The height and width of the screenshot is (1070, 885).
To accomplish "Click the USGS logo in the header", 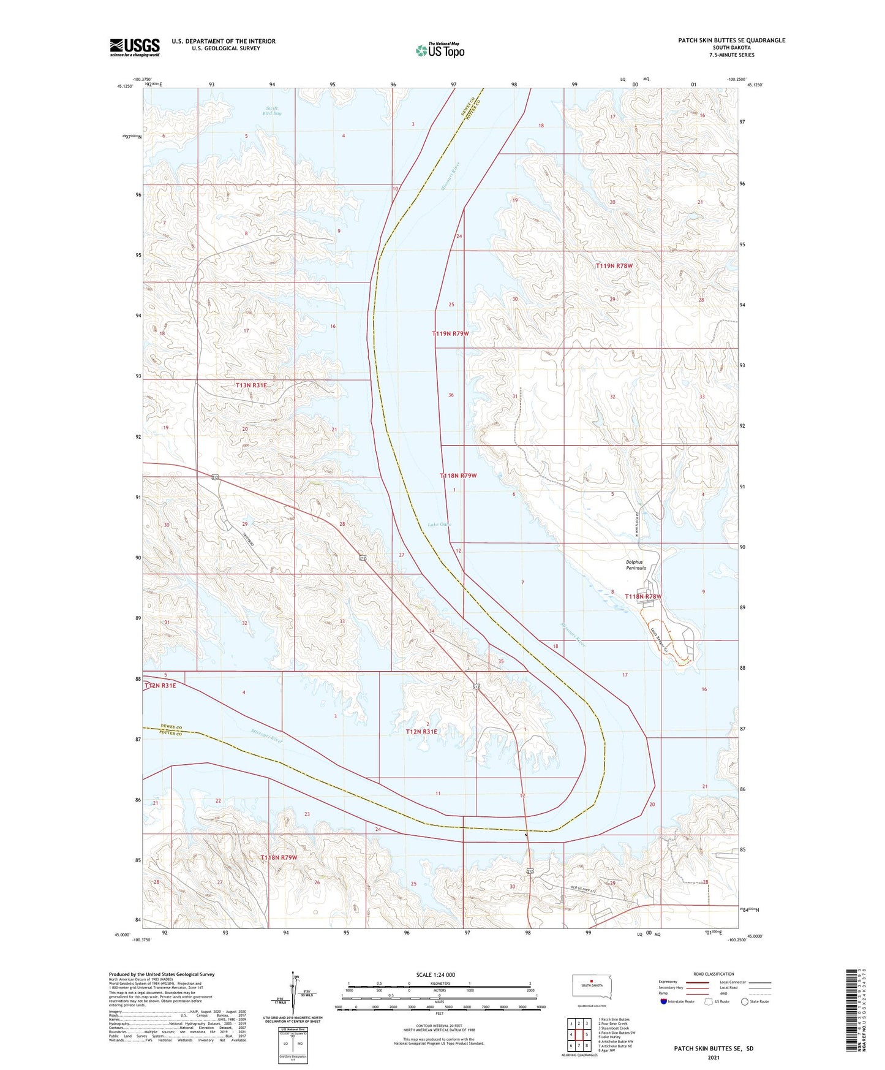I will (x=135, y=47).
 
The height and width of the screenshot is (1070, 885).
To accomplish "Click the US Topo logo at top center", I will (x=440, y=50).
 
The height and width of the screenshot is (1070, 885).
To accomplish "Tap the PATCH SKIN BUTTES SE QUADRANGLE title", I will (x=731, y=40).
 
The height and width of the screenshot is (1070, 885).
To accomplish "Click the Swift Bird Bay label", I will (x=271, y=111).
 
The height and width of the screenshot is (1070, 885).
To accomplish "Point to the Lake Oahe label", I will (x=439, y=525).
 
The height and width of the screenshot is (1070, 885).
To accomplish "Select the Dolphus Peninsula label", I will (x=636, y=565).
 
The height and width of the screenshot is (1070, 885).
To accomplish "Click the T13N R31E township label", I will (x=251, y=385).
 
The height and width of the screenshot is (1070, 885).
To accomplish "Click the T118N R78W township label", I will (x=643, y=596).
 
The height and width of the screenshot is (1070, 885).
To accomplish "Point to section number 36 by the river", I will (x=451, y=395).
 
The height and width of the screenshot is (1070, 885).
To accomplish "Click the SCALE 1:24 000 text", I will (x=435, y=975).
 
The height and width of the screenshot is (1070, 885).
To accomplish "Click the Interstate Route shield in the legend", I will (x=664, y=1002).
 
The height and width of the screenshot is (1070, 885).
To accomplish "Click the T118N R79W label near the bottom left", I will (x=279, y=857).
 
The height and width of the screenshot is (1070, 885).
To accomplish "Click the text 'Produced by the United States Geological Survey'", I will (x=162, y=974).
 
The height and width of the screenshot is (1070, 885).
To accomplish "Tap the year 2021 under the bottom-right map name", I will (x=713, y=1057).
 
